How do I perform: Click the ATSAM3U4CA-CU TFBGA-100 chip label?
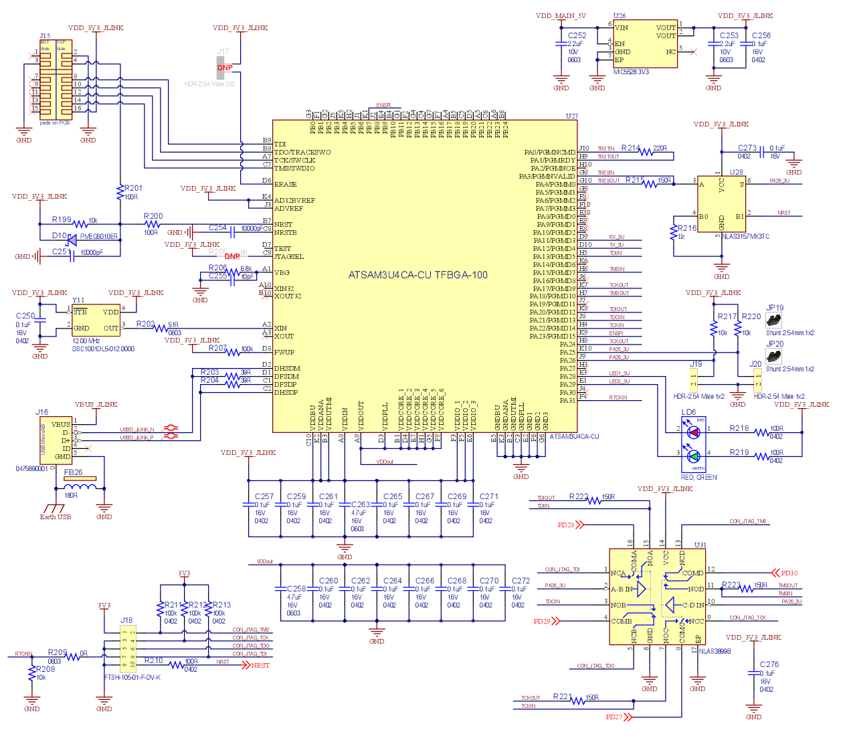[417, 275]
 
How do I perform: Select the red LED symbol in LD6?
[694, 432]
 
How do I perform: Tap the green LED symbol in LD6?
[694, 456]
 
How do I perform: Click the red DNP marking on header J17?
[225, 68]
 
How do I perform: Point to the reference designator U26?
[620, 16]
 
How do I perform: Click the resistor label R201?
[133, 188]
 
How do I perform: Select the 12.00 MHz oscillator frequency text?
[86, 341]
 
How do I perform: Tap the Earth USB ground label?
[56, 517]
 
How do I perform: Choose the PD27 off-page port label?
[614, 717]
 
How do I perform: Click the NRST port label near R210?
[260, 665]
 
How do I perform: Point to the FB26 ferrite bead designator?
[73, 472]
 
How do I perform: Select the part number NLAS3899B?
[715, 651]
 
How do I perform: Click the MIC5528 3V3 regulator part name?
[631, 72]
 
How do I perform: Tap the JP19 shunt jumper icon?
[775, 320]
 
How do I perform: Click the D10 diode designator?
[59, 236]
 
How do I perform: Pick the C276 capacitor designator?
[769, 664]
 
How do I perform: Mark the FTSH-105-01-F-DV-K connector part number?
[132, 677]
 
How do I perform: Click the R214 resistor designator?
[630, 148]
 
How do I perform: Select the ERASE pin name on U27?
[285, 184]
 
